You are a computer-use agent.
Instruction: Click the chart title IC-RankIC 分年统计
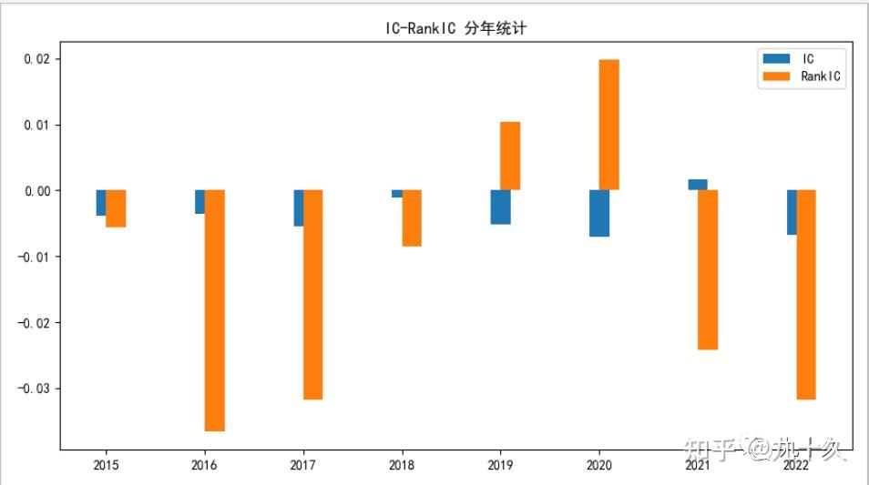pos(456,29)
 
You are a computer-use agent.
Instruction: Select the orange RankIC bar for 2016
pos(214,309)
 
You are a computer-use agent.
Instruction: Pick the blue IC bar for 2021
pos(698,185)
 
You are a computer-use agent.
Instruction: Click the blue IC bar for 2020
pos(598,213)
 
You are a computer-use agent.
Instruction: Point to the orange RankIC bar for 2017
pos(312,294)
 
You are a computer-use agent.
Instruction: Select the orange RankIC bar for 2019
pos(510,156)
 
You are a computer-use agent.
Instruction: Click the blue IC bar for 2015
pos(101,202)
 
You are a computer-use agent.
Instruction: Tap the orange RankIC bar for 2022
pos(805,294)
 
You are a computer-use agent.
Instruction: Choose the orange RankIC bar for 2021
pos(708,269)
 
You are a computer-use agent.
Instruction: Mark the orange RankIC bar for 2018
pos(412,217)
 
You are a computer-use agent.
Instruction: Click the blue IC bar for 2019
pos(500,207)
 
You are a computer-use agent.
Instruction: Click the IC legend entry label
pos(808,59)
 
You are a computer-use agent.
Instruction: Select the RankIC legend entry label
pos(823,77)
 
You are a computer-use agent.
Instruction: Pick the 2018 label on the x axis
pos(402,465)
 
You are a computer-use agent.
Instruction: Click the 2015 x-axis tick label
pos(106,465)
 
